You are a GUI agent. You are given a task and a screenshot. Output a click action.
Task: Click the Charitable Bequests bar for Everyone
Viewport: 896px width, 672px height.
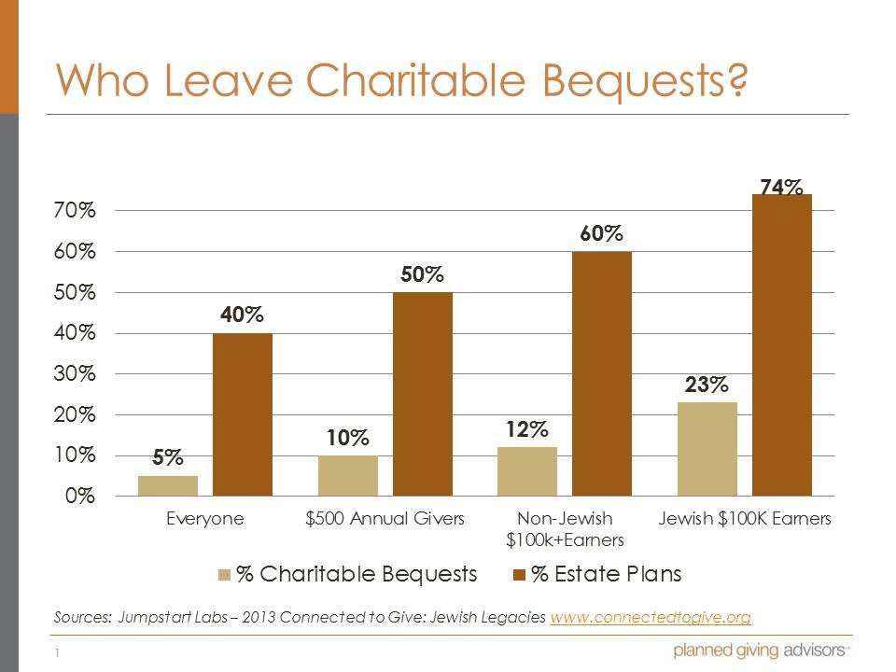pyautogui.click(x=168, y=485)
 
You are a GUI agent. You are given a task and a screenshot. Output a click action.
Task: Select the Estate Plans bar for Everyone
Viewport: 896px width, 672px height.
pyautogui.click(x=243, y=414)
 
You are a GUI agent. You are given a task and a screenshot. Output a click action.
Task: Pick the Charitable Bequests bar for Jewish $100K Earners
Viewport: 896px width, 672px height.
pyautogui.click(x=707, y=449)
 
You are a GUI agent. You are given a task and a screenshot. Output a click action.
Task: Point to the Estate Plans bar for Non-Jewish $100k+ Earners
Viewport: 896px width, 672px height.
pyautogui.click(x=602, y=373)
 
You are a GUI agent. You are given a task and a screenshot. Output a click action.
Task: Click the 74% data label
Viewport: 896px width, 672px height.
pyautogui.click(x=781, y=188)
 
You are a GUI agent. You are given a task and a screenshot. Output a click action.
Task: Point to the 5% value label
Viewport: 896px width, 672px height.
pyautogui.click(x=169, y=458)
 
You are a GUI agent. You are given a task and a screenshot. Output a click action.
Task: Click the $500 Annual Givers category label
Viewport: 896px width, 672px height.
pyautogui.click(x=385, y=519)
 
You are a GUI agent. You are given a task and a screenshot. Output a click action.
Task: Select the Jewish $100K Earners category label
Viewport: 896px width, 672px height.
pyautogui.click(x=744, y=519)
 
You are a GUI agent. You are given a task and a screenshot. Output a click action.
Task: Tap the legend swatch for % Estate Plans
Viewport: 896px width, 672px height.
pyautogui.click(x=519, y=575)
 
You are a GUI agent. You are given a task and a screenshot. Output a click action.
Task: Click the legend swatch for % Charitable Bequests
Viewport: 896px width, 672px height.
pyautogui.click(x=225, y=575)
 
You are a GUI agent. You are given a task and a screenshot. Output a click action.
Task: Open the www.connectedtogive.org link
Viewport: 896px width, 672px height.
pyautogui.click(x=651, y=618)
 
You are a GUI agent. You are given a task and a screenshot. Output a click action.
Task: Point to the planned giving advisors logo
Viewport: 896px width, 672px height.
pyautogui.click(x=760, y=651)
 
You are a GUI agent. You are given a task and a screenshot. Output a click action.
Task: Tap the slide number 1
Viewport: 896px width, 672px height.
pyautogui.click(x=57, y=653)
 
